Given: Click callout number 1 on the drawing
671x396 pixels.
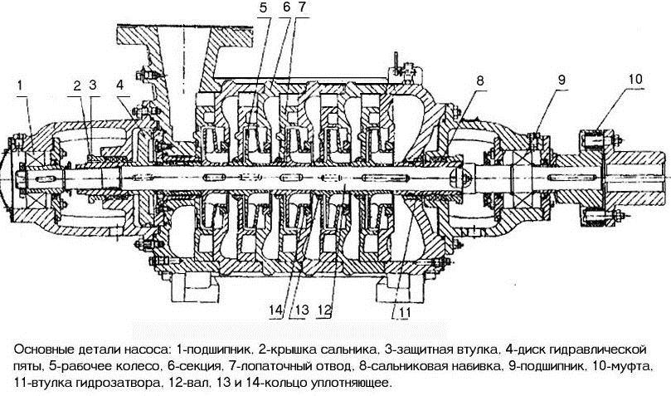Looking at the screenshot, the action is coord(21,85).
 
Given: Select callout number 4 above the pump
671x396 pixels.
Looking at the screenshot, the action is coord(119,85).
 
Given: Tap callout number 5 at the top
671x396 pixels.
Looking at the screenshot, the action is coord(263,7).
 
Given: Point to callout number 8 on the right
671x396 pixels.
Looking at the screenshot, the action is coord(480,81).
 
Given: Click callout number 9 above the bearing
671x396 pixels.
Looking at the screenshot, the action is coord(562,80).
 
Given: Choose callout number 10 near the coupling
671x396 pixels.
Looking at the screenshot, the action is coord(635,79).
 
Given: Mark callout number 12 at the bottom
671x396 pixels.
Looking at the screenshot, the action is coord(324,310).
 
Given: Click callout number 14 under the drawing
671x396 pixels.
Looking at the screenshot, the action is coord(276,310).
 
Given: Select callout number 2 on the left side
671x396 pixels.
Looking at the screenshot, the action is coord(76,86).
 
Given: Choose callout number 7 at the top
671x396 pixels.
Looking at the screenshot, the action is coord(303,7).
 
